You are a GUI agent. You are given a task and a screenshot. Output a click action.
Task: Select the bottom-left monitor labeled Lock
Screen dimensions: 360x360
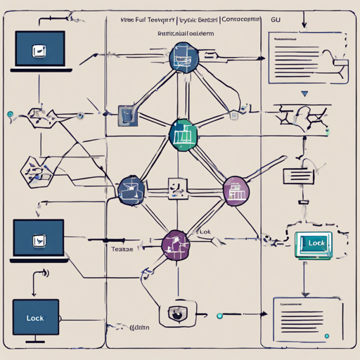point(35,318)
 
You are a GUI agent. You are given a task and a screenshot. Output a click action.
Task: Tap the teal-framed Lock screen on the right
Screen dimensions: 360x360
point(316,243)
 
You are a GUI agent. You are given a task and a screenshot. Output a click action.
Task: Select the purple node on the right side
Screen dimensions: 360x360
point(236,190)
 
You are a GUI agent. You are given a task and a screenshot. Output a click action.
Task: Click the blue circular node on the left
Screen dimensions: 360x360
point(131,188)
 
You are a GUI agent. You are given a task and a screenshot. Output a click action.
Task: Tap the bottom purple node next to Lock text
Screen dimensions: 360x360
point(176,244)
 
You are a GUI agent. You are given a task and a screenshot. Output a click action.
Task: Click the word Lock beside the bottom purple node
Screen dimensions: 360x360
point(203,231)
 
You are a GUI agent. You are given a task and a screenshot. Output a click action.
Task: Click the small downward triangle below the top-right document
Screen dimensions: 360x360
point(304,92)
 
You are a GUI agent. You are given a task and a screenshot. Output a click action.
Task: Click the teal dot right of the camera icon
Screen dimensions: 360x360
point(219,316)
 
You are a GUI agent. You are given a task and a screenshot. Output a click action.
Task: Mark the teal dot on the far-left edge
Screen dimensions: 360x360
point(9,114)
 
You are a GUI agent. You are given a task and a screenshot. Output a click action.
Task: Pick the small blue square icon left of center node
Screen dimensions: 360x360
point(127,114)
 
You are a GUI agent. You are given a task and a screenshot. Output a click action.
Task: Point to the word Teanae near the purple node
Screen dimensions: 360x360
point(123,248)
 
